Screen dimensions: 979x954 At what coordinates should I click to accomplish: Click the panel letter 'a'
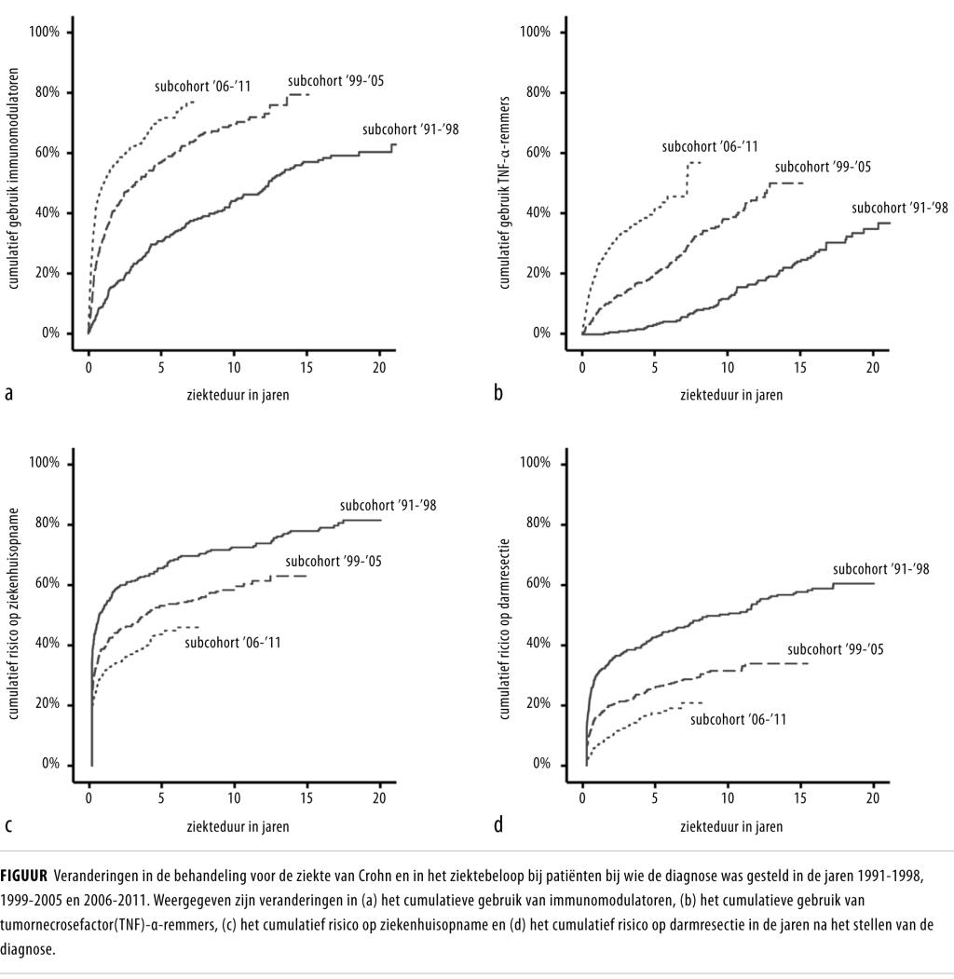[8, 394]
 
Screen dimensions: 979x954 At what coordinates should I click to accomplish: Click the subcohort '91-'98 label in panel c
[388, 506]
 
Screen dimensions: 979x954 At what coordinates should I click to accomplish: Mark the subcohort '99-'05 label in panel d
[835, 649]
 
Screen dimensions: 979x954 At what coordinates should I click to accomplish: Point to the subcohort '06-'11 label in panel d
[738, 719]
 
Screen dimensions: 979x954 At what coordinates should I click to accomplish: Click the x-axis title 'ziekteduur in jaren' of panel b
[731, 394]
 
